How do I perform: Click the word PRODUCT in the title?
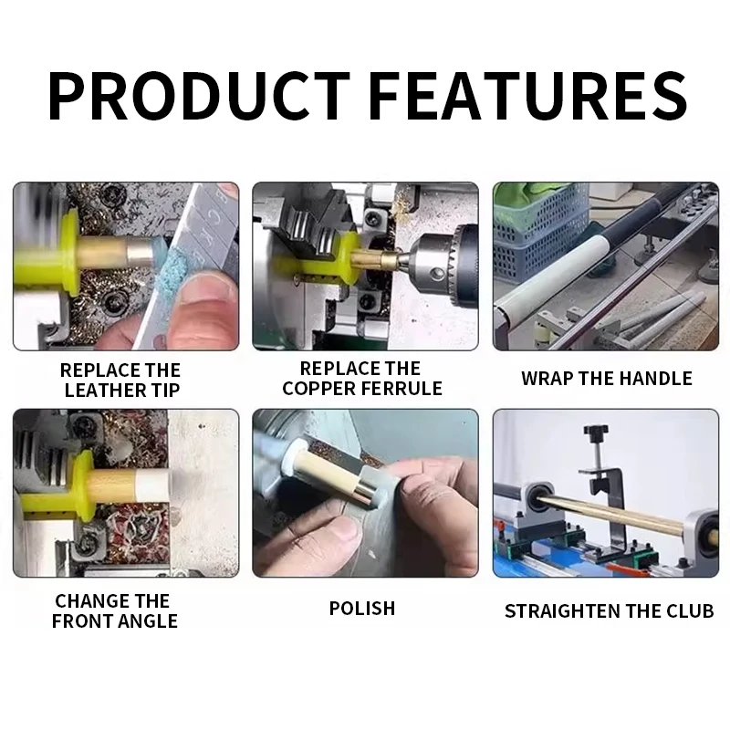(199, 96)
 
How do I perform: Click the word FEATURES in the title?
(530, 96)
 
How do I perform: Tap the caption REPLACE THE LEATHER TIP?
(121, 380)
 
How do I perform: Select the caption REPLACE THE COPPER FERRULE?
(361, 378)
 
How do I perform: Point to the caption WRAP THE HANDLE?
(607, 379)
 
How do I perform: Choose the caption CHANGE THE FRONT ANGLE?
(115, 610)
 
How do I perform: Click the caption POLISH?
(362, 609)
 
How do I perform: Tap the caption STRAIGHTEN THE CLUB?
(609, 610)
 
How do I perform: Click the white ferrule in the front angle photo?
(153, 486)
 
